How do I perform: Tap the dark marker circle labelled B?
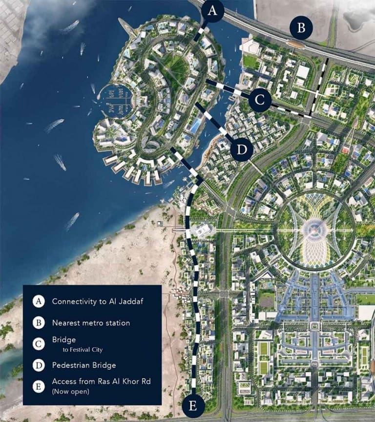[x=301, y=28]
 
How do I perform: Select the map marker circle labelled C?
[x=259, y=100]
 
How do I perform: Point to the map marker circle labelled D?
[x=242, y=149]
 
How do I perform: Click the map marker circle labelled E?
[x=193, y=405]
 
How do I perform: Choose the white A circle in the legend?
[x=39, y=301]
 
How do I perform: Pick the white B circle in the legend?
[x=39, y=323]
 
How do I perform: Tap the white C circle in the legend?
[x=39, y=344]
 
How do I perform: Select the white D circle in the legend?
[x=39, y=365]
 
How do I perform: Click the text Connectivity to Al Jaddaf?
[x=91, y=301]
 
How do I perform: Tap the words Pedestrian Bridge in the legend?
[x=84, y=365]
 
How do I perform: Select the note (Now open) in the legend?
[x=70, y=391]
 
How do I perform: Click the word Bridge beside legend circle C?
[x=64, y=339]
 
